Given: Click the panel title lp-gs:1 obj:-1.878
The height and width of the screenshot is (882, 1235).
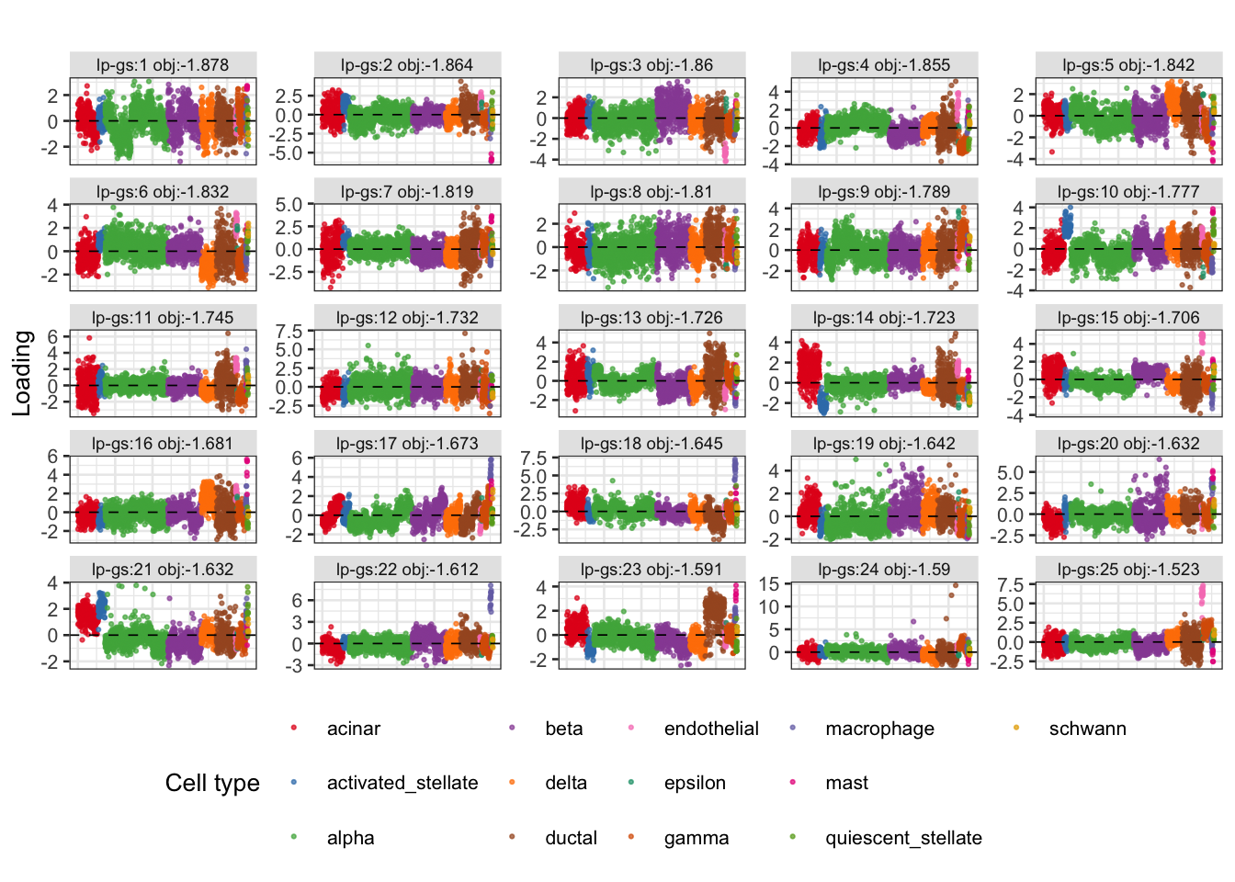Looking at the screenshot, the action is coord(163,65).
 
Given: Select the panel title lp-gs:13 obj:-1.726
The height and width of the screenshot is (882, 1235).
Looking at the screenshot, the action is coord(651,318).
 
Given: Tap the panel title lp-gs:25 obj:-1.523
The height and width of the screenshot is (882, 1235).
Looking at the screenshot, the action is coord(1128,570).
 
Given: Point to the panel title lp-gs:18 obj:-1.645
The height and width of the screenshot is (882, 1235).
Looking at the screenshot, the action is coord(651,443).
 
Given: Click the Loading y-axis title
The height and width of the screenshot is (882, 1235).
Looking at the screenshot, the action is coord(22,373).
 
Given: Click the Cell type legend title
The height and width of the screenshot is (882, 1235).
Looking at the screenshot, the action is coord(212,783).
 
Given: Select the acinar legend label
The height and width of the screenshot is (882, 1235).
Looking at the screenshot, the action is coord(354,729).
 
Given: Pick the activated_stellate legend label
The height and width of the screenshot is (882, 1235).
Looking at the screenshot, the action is coord(402,783).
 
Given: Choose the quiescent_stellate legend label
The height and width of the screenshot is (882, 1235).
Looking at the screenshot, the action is coord(903,838).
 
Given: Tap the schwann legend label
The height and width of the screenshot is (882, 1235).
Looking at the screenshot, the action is coord(1087,729).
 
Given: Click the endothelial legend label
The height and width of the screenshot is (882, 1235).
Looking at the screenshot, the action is coord(711,729).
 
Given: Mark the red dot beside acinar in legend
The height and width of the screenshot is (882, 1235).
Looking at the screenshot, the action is coord(294,729).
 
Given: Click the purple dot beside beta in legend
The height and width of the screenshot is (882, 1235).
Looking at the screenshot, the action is coord(512,729).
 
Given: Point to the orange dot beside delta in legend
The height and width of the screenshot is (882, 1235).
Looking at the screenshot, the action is coord(512,782).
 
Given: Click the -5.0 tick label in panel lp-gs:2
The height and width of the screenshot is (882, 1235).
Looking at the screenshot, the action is coord(288,153).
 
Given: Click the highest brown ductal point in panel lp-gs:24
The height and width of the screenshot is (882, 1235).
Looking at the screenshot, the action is coord(955,585).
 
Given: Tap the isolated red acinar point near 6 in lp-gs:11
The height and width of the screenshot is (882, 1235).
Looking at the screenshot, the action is coord(89,338).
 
